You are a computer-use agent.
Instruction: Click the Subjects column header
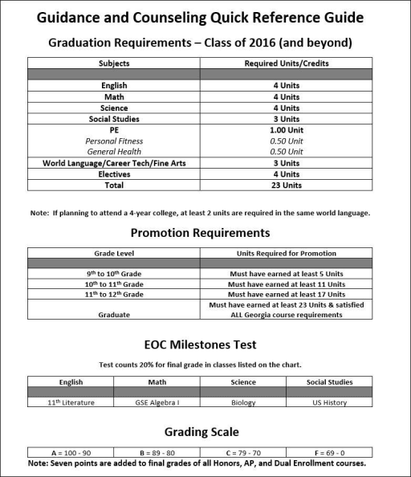click(114, 63)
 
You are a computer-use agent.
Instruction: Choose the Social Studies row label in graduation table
click(114, 119)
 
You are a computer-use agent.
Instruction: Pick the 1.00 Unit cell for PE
click(285, 130)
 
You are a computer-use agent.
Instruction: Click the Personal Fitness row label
click(114, 141)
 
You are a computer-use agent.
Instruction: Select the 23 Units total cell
click(285, 185)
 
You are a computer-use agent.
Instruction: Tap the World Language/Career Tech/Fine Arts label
click(114, 163)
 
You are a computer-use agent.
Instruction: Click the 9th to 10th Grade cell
click(114, 273)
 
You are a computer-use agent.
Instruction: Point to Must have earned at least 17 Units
click(285, 295)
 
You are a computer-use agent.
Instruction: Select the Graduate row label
click(114, 315)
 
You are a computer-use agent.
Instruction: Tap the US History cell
click(329, 402)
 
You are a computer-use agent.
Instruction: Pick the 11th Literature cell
click(71, 402)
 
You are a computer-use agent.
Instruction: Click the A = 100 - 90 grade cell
click(71, 452)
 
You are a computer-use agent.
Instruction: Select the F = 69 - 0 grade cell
click(329, 452)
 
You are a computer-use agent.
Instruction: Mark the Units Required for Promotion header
click(285, 252)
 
